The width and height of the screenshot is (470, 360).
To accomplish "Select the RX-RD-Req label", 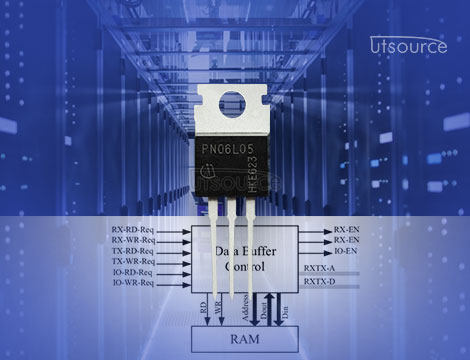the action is coord(133,230).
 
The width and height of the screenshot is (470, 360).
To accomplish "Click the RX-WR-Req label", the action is coord(133,240).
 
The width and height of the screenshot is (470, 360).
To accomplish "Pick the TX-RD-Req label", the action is coord(133,251).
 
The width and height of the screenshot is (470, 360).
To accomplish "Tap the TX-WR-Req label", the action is coord(133,262).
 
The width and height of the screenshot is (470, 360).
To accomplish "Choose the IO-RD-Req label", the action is coord(133,272).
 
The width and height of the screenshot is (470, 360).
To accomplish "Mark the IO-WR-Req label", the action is coord(133,283).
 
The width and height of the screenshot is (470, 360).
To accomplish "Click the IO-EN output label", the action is coord(345,251).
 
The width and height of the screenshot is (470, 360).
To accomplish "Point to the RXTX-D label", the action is coord(319,283).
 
